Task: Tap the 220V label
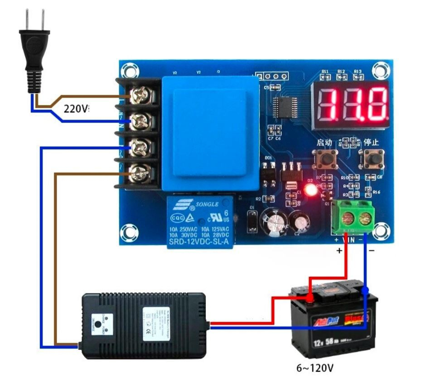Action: (x=76, y=108)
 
